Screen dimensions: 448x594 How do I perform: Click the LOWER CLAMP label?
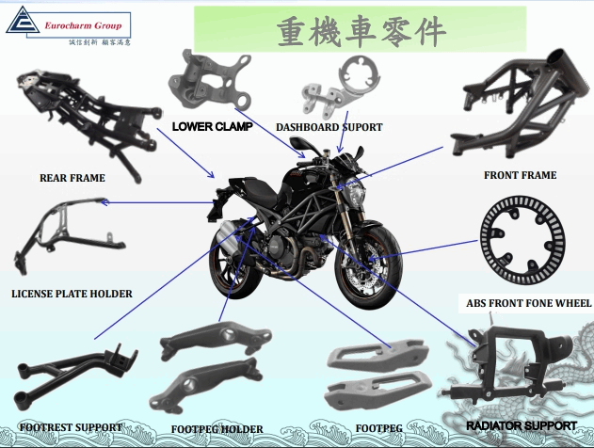point(212,126)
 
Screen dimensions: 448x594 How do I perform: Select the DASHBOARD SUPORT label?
point(329,127)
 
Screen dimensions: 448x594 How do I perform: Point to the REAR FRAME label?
point(72,177)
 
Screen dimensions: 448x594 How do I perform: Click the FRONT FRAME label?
point(520,175)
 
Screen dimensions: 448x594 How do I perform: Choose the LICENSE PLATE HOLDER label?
point(72,294)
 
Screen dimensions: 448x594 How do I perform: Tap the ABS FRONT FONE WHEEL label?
point(528,303)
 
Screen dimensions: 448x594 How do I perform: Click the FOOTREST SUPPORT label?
point(71,426)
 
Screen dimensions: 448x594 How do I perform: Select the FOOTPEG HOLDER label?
point(217,429)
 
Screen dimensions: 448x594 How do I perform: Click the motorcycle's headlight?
point(359,199)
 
